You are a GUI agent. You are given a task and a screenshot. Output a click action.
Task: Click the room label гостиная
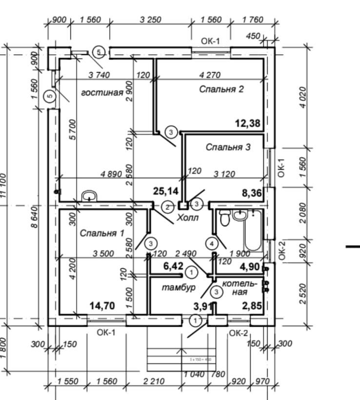pyautogui.click(x=101, y=93)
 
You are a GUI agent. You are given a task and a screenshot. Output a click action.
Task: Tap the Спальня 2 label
pyautogui.click(x=220, y=89)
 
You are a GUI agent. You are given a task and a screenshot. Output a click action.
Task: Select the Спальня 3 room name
pyautogui.click(x=228, y=147)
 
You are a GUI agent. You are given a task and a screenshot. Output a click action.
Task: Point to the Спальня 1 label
pyautogui.click(x=102, y=233)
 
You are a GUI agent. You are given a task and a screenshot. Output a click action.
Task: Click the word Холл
pyautogui.click(x=188, y=218)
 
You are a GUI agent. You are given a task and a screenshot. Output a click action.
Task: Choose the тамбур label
pyautogui.click(x=179, y=287)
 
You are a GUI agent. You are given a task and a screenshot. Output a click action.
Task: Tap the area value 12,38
pyautogui.click(x=247, y=123)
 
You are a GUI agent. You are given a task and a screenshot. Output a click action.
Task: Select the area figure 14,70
pyautogui.click(x=102, y=306)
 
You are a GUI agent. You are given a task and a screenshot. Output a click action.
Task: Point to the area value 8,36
pyautogui.click(x=252, y=194)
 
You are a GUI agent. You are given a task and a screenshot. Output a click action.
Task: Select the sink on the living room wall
pyautogui.click(x=89, y=196)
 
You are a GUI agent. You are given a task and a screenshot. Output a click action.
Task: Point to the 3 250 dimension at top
pyautogui.click(x=150, y=20)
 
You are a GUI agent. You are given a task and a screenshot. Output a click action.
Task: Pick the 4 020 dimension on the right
pyautogui.click(x=303, y=97)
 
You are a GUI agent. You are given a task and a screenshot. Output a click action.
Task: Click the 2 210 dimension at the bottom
pyautogui.click(x=154, y=381)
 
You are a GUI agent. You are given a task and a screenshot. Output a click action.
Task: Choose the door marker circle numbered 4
pyautogui.click(x=212, y=242)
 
